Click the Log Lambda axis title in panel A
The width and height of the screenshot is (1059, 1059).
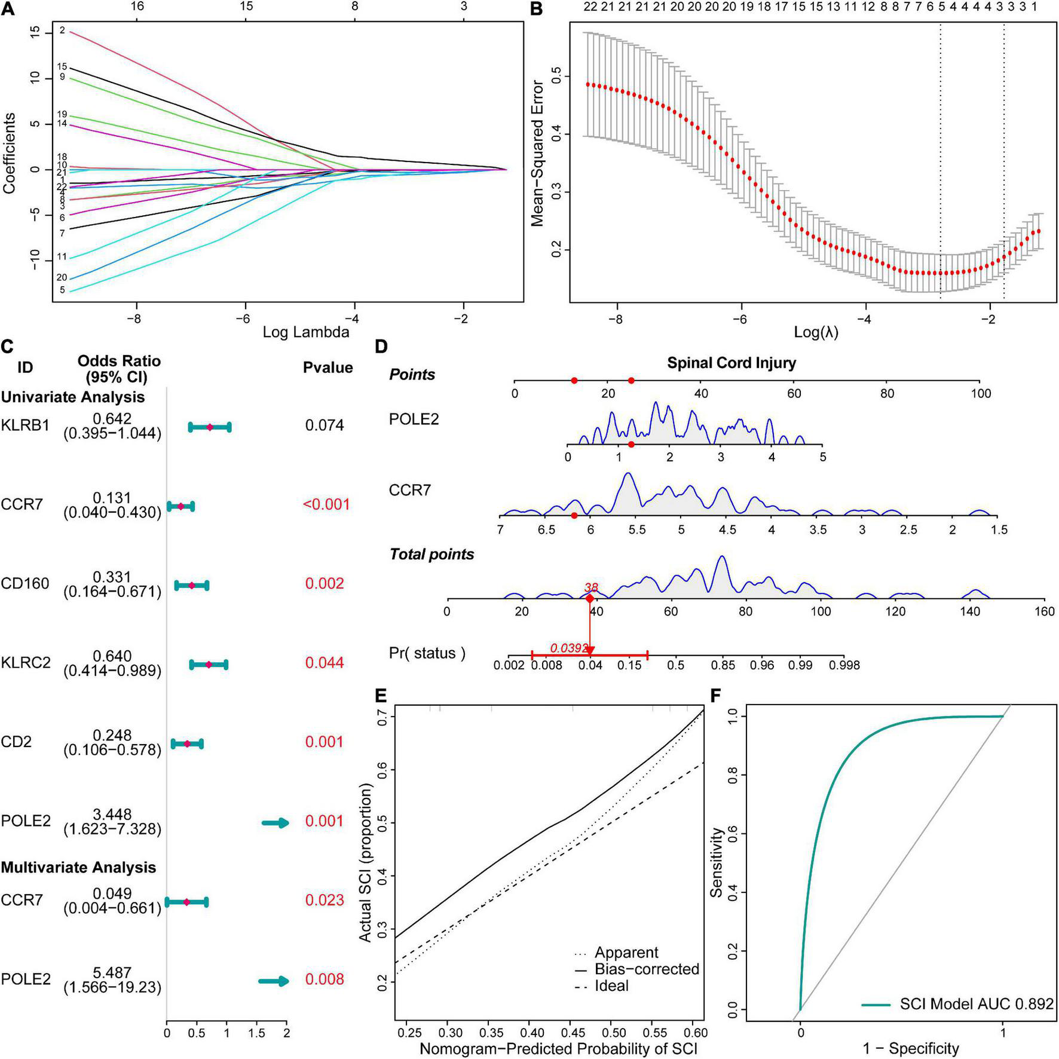coord(305,332)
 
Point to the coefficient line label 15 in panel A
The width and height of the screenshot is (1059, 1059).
coord(62,67)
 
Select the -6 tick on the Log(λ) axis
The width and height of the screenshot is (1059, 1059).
coord(740,320)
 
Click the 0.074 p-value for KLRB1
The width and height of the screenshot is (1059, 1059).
coord(325,426)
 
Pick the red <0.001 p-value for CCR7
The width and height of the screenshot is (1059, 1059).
coord(326,504)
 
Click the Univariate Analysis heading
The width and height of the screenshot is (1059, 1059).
coord(73,397)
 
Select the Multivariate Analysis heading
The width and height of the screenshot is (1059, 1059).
coord(78,867)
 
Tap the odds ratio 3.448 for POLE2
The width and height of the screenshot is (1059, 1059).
coord(112,815)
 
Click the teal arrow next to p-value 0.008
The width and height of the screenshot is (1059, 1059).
coord(274,981)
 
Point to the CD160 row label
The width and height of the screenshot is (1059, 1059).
coord(25,583)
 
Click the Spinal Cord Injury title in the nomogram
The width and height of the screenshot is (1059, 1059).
coord(731,363)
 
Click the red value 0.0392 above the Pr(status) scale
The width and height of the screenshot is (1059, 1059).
coord(569,648)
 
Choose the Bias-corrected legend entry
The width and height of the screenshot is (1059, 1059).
coord(647,969)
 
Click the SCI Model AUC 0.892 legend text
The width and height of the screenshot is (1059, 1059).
coord(977,1004)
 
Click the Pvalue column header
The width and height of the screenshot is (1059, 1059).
coord(328,368)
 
